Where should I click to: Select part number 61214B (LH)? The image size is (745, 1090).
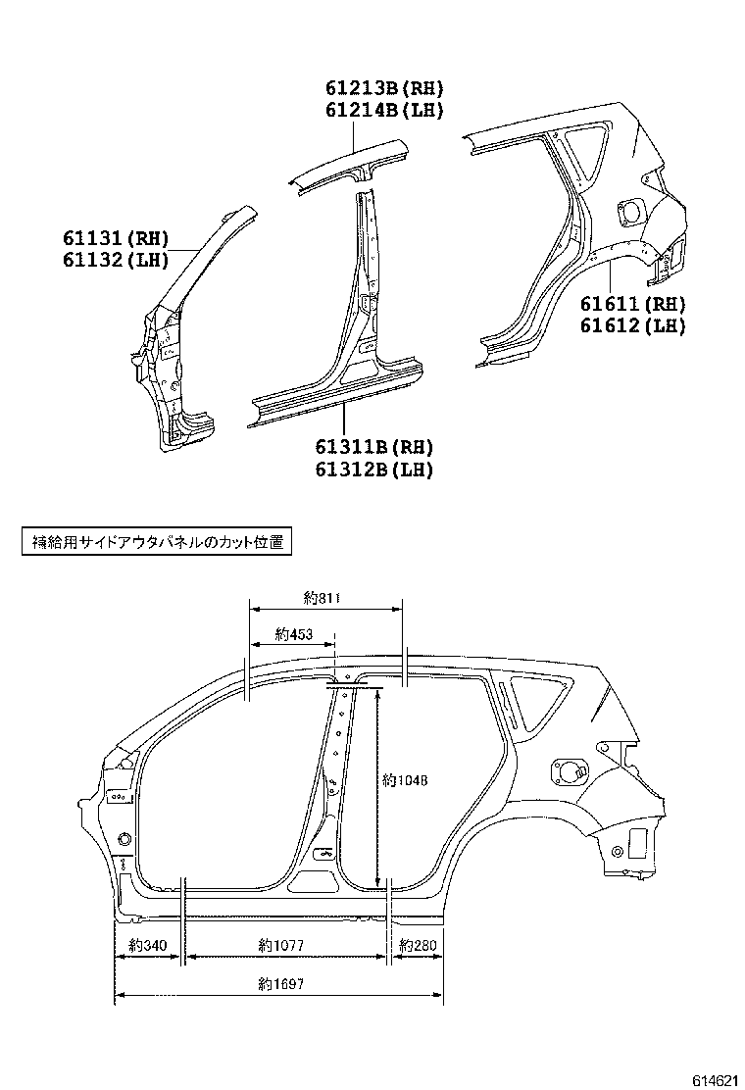tap(384, 111)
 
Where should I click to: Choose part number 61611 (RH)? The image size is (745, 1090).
tap(631, 305)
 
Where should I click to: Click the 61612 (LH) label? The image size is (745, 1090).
tap(631, 325)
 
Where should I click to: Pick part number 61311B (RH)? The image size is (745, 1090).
tap(373, 448)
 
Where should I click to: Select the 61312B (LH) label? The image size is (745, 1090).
tap(373, 469)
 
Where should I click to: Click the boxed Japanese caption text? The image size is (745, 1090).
tap(158, 542)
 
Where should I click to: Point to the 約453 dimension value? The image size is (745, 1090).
tap(293, 634)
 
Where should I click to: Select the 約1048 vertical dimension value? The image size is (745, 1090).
tap(406, 781)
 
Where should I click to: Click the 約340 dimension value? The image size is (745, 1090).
tap(149, 946)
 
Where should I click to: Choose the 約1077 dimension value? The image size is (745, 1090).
tap(281, 946)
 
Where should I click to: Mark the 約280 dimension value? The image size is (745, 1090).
tap(418, 946)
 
